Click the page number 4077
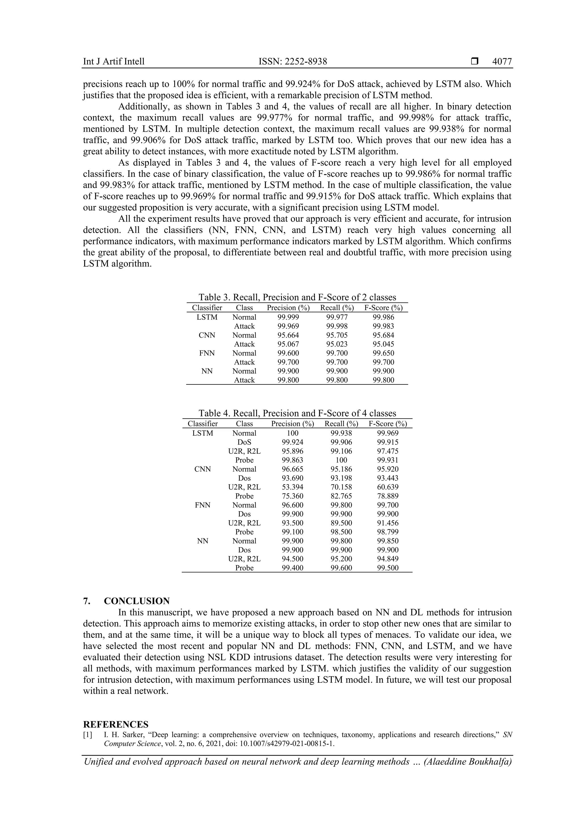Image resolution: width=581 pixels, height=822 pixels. tap(502, 62)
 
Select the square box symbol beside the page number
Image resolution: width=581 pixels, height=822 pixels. tap(474, 62)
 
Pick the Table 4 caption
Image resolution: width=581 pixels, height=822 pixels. tap(297, 413)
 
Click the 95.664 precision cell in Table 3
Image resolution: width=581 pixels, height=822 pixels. tap(288, 335)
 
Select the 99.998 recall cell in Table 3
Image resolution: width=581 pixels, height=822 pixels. tap(336, 326)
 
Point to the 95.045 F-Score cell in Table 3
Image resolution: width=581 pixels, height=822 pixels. tap(383, 344)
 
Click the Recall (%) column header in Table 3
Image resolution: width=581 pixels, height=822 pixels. tap(337, 308)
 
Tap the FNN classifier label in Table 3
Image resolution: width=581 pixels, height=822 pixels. tap(207, 353)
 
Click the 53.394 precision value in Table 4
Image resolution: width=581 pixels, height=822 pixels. tap(292, 487)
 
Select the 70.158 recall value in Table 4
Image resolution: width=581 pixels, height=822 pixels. tap(341, 487)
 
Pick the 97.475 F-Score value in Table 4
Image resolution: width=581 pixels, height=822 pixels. tap(388, 451)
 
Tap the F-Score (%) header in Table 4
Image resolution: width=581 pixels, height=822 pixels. tap(388, 424)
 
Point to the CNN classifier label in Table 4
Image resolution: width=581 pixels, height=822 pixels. tap(203, 469)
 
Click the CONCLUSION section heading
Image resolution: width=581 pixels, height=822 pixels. tap(137, 601)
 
